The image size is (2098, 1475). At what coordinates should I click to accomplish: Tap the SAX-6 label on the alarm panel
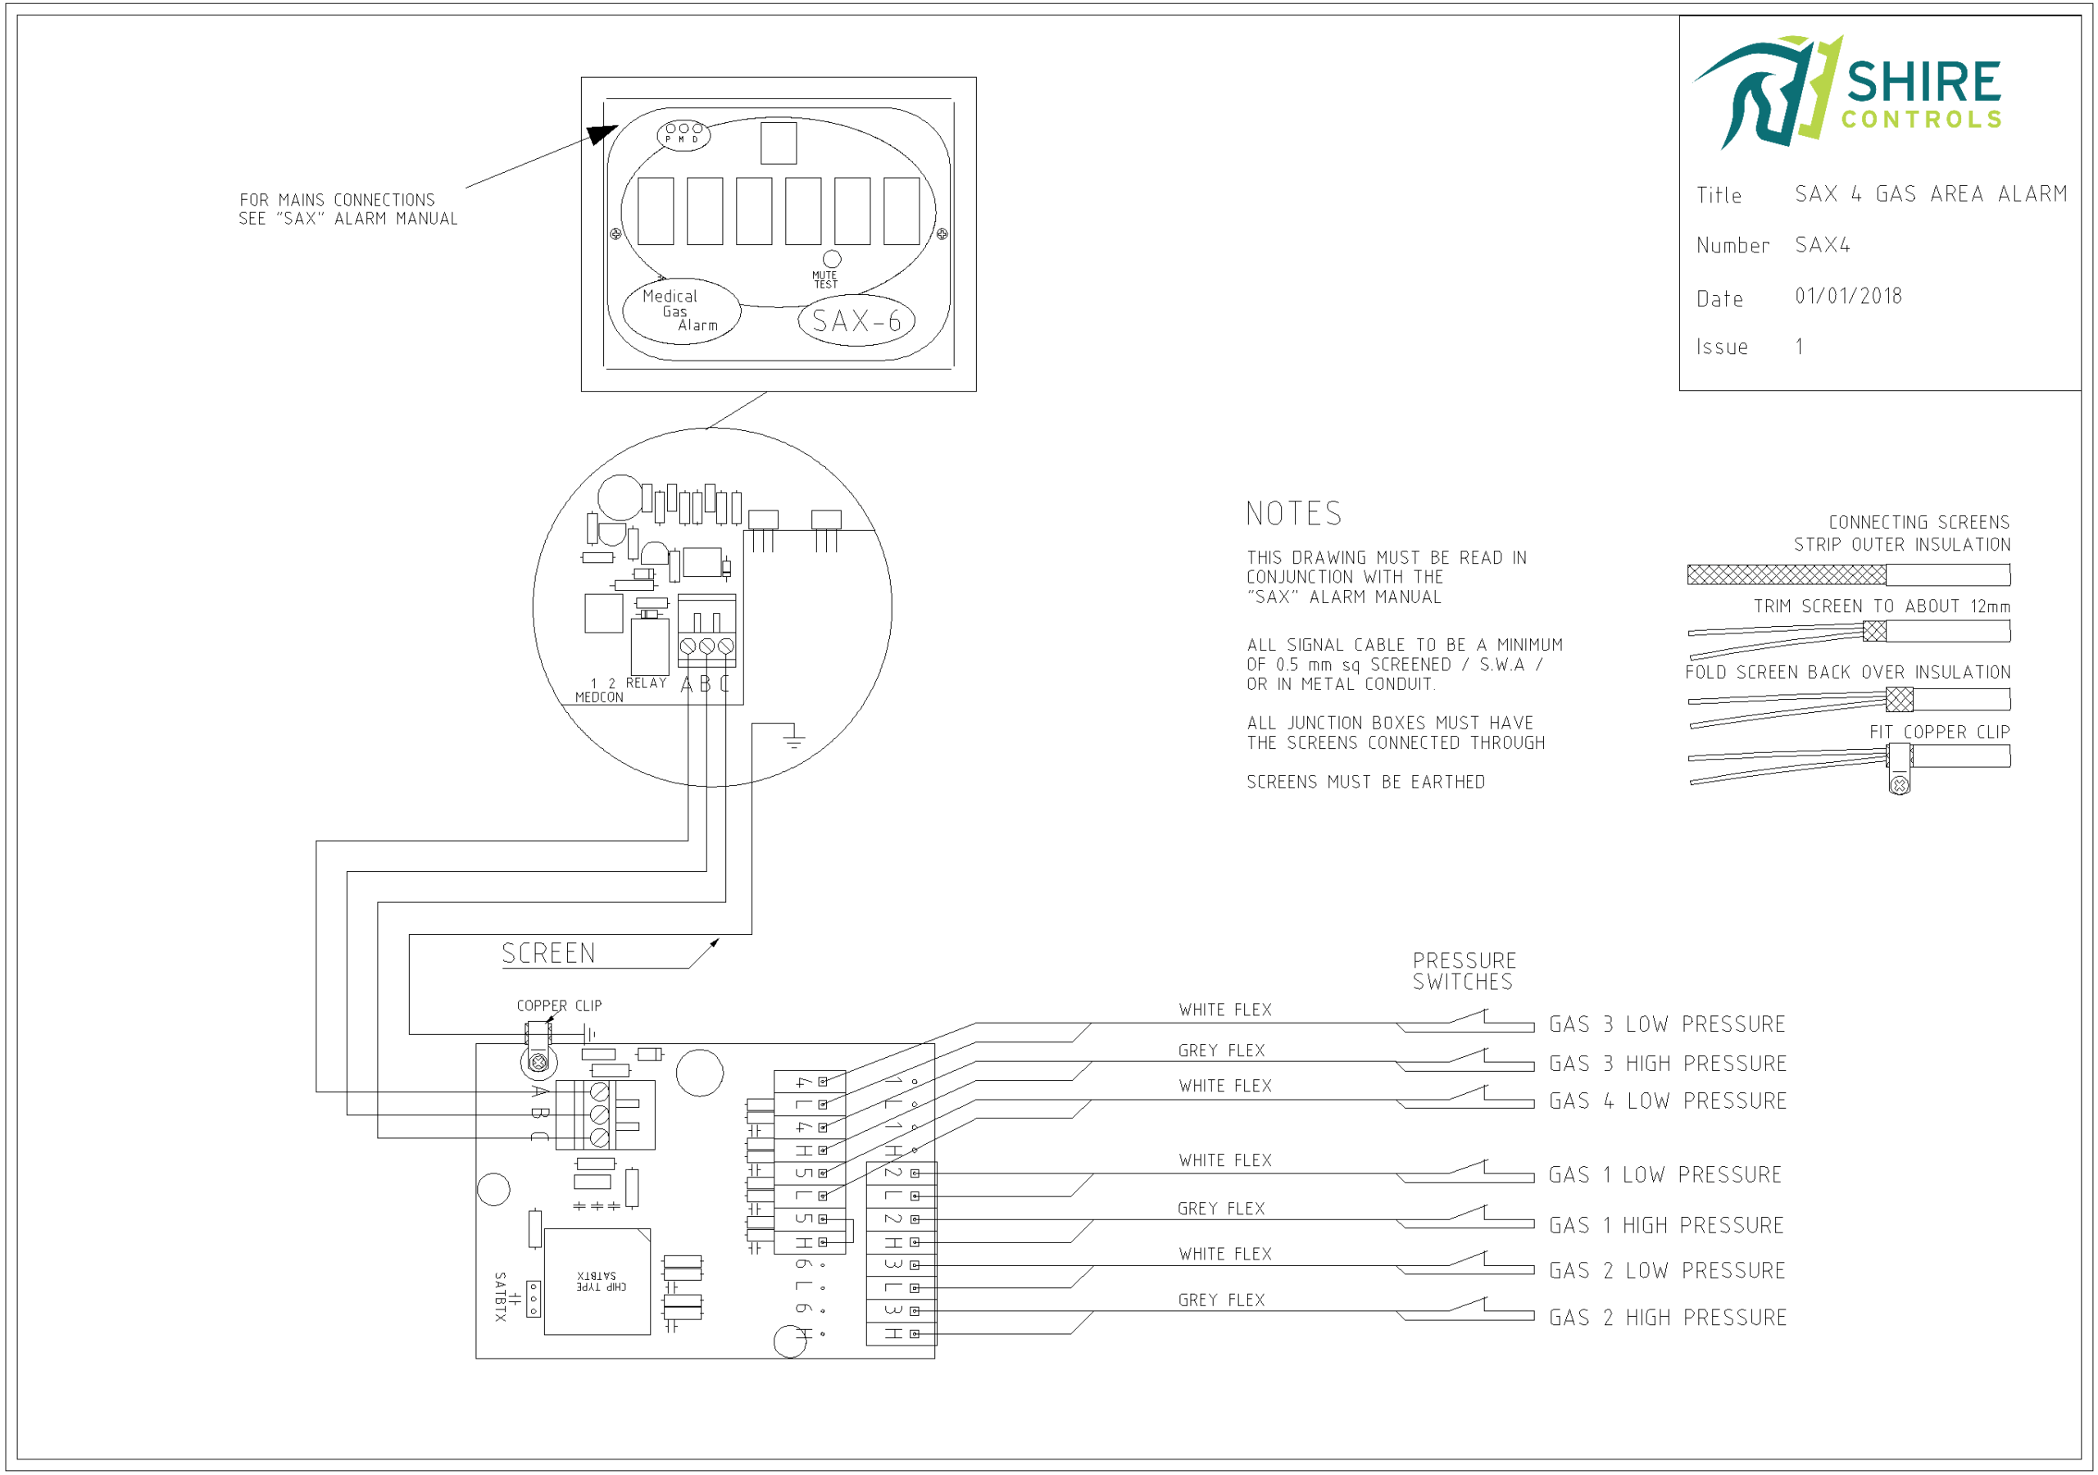point(856,320)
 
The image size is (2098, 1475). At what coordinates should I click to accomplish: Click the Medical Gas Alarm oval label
point(681,311)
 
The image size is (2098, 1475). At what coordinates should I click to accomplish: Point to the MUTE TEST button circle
point(832,259)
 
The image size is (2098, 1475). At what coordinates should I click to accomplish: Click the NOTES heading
point(1294,514)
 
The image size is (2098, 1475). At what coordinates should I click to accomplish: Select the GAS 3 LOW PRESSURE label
point(1667,1024)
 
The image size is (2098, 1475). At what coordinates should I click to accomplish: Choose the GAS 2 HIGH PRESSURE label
point(1668,1318)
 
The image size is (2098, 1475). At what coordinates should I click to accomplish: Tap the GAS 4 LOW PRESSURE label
point(1668,1101)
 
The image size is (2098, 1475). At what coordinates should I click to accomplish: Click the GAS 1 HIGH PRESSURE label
point(1666,1226)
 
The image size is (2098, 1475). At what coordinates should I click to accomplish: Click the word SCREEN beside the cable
point(548,954)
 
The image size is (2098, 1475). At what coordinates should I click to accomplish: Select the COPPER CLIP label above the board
point(559,1006)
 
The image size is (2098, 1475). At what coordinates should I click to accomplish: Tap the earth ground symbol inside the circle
point(794,738)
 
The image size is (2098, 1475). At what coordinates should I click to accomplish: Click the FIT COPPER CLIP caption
point(1939,732)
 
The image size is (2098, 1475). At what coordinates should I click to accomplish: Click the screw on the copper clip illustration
point(1899,785)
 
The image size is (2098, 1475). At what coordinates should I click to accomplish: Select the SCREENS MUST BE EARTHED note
point(1366,783)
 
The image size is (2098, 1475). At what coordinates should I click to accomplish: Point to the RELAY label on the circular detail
point(646,683)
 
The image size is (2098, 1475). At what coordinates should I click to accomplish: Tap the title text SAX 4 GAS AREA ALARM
point(1931,193)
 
